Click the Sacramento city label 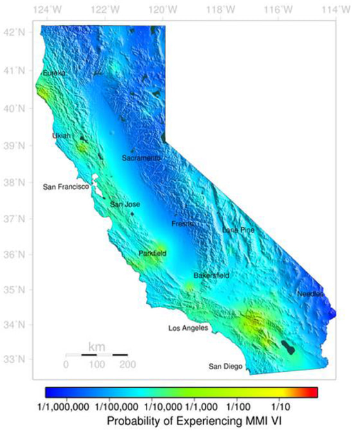(x=141, y=158)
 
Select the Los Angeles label (x=188, y=328)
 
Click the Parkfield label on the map (x=152, y=253)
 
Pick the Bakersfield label (x=212, y=275)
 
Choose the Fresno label (x=183, y=224)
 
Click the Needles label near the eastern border (x=310, y=294)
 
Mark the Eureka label (x=54, y=74)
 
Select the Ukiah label (x=62, y=136)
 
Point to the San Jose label (x=125, y=205)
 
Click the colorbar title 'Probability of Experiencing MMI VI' (x=181, y=421)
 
